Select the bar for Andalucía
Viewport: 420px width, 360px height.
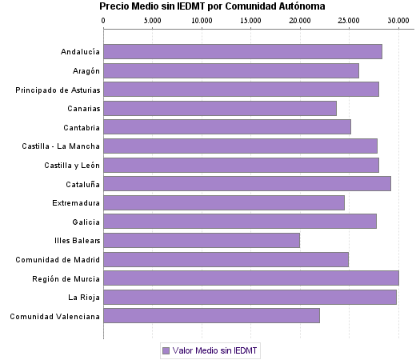(242, 52)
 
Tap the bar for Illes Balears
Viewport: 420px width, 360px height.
(202, 240)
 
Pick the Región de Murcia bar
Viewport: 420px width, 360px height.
(251, 278)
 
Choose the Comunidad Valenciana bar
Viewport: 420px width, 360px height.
(211, 316)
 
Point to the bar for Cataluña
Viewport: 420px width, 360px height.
(247, 183)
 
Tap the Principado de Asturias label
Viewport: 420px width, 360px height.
(58, 90)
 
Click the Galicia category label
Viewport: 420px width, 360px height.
(86, 222)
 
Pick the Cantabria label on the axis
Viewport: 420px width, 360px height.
(82, 127)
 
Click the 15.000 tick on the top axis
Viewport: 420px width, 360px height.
(251, 20)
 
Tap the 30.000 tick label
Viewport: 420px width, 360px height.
(398, 20)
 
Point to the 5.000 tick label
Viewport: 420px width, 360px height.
(153, 20)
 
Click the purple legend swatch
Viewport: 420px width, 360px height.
(166, 350)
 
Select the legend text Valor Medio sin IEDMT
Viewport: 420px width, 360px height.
(215, 350)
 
